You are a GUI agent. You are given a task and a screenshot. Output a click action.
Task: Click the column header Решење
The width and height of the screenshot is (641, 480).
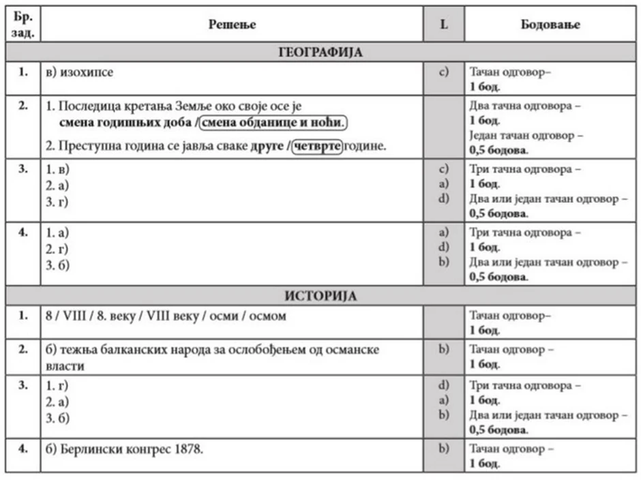(x=232, y=25)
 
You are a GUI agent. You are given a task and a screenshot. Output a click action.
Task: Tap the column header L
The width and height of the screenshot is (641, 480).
(x=444, y=25)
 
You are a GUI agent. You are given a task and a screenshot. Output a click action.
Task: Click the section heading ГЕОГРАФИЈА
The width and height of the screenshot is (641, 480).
(x=320, y=52)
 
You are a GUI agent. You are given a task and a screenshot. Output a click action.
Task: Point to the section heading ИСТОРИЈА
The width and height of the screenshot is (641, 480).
(x=320, y=296)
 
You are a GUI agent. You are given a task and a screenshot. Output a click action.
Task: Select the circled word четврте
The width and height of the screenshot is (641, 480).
(x=316, y=147)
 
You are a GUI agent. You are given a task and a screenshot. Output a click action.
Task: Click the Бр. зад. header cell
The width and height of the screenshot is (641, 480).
(x=23, y=25)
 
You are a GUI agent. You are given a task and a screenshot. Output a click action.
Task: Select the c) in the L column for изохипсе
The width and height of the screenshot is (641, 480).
(x=444, y=70)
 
